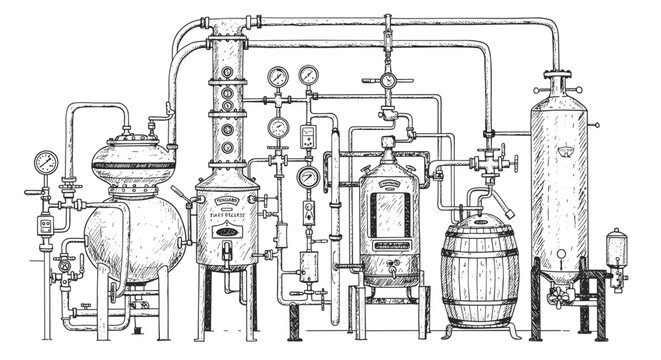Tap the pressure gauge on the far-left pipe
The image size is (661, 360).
(x=44, y=161)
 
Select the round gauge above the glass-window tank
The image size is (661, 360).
(x=386, y=80)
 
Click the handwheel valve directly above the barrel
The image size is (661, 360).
(x=489, y=159)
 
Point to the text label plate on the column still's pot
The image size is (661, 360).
(x=228, y=209)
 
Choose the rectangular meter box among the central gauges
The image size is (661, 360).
(x=309, y=139)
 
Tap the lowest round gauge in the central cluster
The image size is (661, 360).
(x=306, y=177)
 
